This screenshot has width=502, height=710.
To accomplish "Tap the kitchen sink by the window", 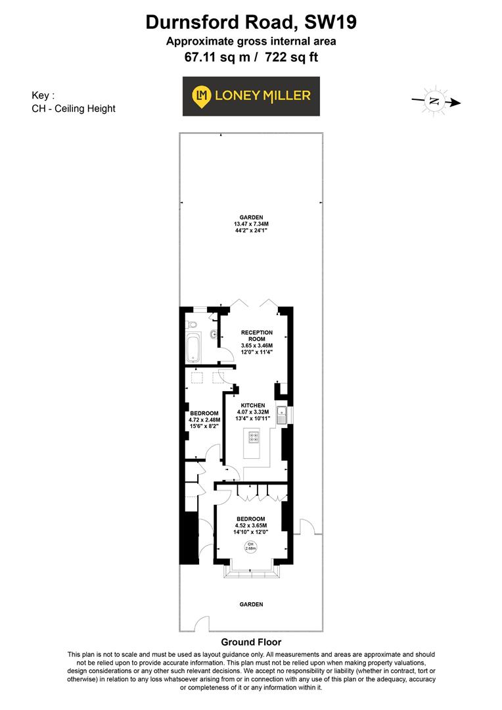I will pos(282,415).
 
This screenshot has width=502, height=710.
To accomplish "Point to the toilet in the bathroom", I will pos(191,325).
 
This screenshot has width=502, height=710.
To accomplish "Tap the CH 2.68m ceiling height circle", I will pos(250,548).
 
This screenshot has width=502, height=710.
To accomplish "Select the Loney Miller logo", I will pos(251,96).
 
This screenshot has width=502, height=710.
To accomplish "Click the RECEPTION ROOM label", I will pos(256,336).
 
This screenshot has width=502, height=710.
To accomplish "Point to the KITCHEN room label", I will pos(253,406).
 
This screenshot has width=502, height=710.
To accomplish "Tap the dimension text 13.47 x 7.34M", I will pos(251,224).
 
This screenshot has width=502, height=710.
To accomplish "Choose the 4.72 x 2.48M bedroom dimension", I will pos(204,419).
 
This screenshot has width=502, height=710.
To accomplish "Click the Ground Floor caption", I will pos(251,642).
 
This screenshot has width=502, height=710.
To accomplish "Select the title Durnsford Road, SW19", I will pos(251,23).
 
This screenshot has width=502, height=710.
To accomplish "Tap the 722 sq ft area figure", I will pos(292,57).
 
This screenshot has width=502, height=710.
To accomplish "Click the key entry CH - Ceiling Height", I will pos(74,108).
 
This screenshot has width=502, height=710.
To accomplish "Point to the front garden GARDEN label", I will pos(251,604).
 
